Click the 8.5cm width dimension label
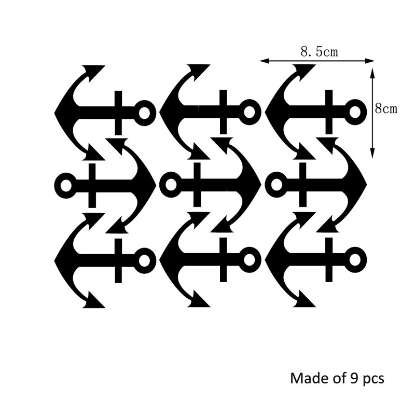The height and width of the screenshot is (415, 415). (x=319, y=52)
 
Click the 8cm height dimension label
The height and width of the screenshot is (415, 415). (x=386, y=108)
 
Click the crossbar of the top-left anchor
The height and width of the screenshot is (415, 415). (x=118, y=113)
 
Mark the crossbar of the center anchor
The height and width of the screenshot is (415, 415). (x=197, y=185)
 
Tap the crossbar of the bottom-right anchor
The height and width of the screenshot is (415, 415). (x=329, y=260)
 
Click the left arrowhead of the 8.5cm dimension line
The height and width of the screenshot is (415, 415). (x=265, y=61)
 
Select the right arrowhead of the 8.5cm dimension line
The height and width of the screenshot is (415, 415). (x=370, y=61)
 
